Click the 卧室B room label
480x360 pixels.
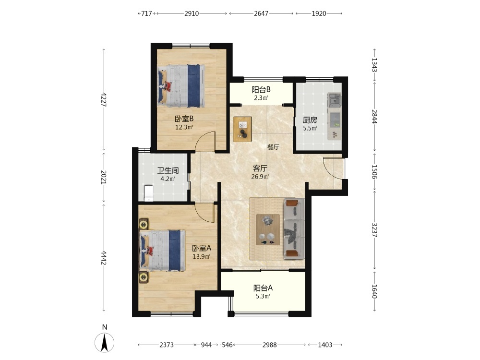[x=184, y=119]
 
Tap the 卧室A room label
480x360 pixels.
[x=202, y=248]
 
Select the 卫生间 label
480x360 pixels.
[x=168, y=170]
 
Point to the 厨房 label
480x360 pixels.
[x=310, y=120]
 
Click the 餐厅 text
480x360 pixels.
[x=274, y=147]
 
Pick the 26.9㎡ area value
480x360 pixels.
[x=260, y=177]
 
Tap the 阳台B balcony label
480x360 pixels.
[x=261, y=89]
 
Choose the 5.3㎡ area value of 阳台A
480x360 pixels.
[x=263, y=296]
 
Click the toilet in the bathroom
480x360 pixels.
[x=148, y=193]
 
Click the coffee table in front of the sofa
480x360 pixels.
[x=267, y=229]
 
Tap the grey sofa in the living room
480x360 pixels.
[x=294, y=228]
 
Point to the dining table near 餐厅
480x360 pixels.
[x=243, y=129]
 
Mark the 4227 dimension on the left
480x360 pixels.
[x=104, y=99]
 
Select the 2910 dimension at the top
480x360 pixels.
[x=192, y=13]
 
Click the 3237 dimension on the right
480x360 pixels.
[x=374, y=229]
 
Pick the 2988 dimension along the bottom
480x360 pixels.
[x=270, y=345]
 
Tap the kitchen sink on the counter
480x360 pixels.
[x=335, y=100]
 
